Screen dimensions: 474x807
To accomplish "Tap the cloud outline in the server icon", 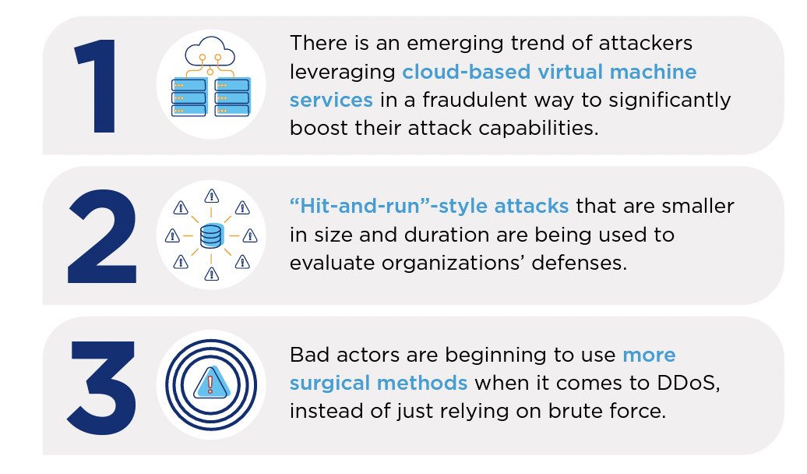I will tap(210, 52).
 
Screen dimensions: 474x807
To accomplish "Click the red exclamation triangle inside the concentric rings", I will tap(210, 384).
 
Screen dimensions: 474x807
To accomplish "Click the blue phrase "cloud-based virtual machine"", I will tap(549, 73).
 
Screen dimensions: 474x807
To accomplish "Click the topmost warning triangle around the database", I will tap(210, 195).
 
